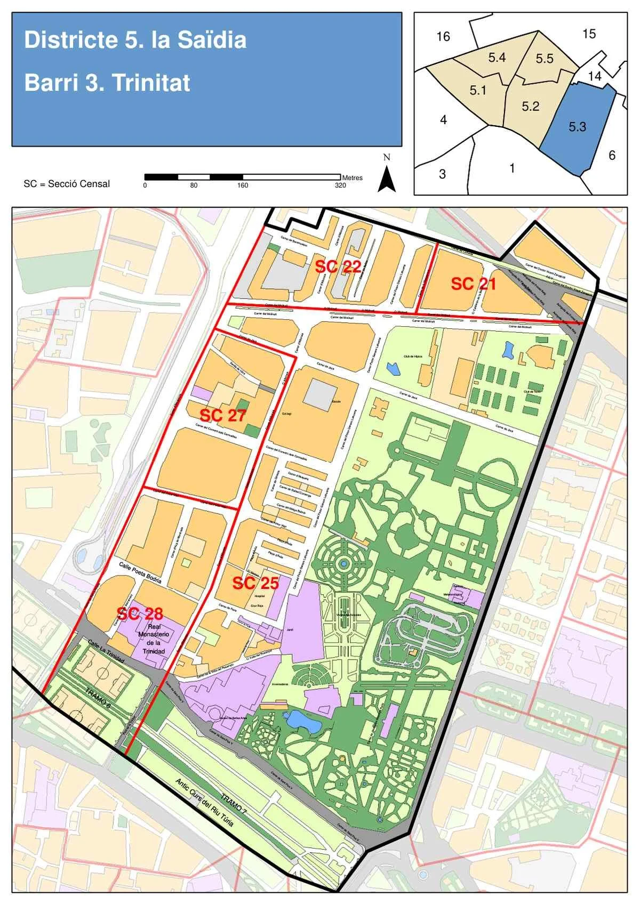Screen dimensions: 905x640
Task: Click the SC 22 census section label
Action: (337, 266)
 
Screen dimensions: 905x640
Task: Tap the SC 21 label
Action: (473, 284)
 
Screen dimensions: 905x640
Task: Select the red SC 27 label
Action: (222, 415)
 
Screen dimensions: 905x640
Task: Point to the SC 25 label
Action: (255, 583)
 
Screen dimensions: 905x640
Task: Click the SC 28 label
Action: (140, 613)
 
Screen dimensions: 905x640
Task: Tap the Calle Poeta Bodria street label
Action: (140, 573)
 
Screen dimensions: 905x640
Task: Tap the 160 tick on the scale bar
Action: (243, 185)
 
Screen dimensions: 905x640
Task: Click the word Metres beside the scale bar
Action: (352, 177)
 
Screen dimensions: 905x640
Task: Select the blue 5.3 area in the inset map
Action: (577, 127)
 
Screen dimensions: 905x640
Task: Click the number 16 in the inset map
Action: (443, 37)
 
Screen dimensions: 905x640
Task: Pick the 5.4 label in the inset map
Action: (497, 58)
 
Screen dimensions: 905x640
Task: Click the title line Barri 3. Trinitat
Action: (107, 83)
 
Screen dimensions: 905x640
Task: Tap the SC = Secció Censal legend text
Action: (67, 184)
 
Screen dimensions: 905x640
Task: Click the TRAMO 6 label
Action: (97, 696)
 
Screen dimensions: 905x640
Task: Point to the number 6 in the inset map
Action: (612, 155)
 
